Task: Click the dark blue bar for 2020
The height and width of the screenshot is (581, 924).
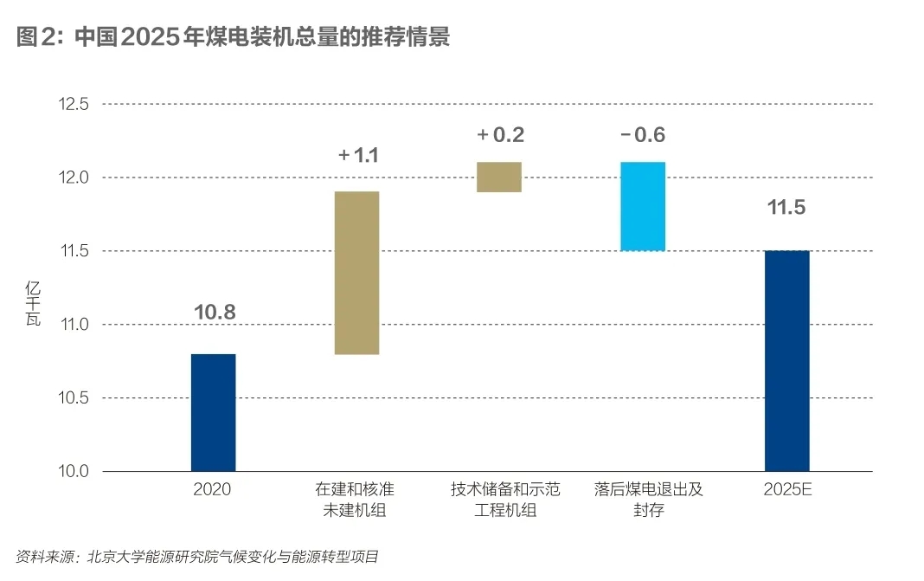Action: pyautogui.click(x=213, y=412)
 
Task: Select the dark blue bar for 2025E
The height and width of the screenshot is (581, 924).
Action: pyautogui.click(x=786, y=361)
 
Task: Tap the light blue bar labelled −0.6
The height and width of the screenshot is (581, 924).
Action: pyautogui.click(x=643, y=206)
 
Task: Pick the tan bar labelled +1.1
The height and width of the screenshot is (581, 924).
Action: pyautogui.click(x=356, y=273)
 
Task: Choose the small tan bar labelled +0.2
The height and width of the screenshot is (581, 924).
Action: pyautogui.click(x=499, y=177)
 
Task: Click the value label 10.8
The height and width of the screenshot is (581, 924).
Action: pyautogui.click(x=215, y=312)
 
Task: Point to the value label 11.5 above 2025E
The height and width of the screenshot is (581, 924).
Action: pyautogui.click(x=787, y=209)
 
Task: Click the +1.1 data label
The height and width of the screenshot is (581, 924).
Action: pyautogui.click(x=358, y=156)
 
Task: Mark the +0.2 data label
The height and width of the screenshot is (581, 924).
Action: pyautogui.click(x=500, y=135)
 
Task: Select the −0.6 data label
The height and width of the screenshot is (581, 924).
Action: pyautogui.click(x=642, y=135)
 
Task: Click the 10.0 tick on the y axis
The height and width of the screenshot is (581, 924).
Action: pyautogui.click(x=72, y=472)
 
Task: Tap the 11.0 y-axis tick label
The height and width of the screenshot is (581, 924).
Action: pyautogui.click(x=72, y=325)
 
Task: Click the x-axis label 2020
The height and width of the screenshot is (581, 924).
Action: pyautogui.click(x=213, y=489)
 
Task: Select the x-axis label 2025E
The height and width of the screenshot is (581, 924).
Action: pyautogui.click(x=787, y=489)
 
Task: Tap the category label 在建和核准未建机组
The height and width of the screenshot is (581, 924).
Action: pyautogui.click(x=356, y=500)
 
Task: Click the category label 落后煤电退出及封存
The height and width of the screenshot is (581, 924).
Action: pyautogui.click(x=643, y=500)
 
